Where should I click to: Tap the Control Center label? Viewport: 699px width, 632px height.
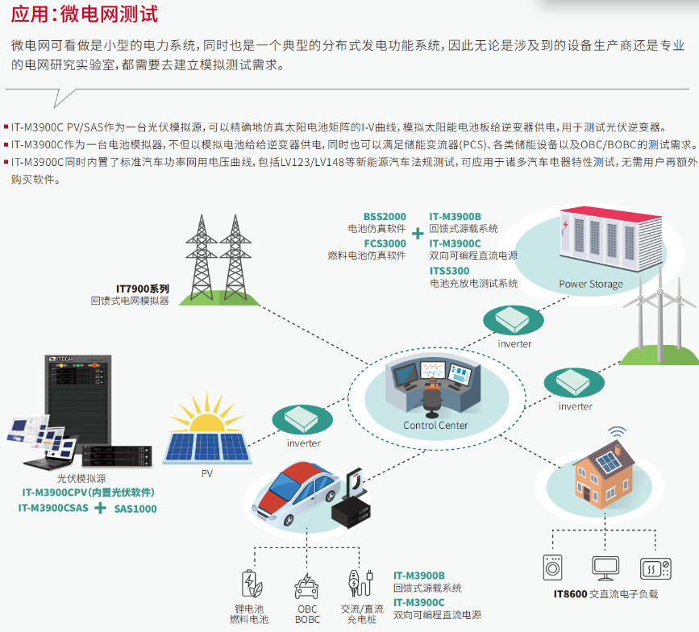pyautogui.click(x=435, y=425)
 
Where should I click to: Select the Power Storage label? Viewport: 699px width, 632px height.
pyautogui.click(x=591, y=284)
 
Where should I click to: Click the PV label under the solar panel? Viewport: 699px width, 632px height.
pyautogui.click(x=207, y=473)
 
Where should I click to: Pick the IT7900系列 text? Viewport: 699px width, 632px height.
pyautogui.click(x=143, y=288)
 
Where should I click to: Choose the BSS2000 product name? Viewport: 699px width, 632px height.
pyautogui.click(x=385, y=216)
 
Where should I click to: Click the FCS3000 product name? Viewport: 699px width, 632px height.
pyautogui.click(x=385, y=243)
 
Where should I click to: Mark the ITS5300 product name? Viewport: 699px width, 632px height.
pyautogui.click(x=449, y=271)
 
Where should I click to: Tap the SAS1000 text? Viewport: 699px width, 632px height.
pyautogui.click(x=135, y=509)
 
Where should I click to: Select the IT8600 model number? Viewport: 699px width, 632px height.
pyautogui.click(x=570, y=594)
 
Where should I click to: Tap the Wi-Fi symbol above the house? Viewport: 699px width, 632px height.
pyautogui.click(x=617, y=433)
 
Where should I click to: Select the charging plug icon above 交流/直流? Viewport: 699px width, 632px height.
pyautogui.click(x=357, y=584)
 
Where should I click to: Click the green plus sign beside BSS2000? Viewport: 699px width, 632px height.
pyautogui.click(x=418, y=234)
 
